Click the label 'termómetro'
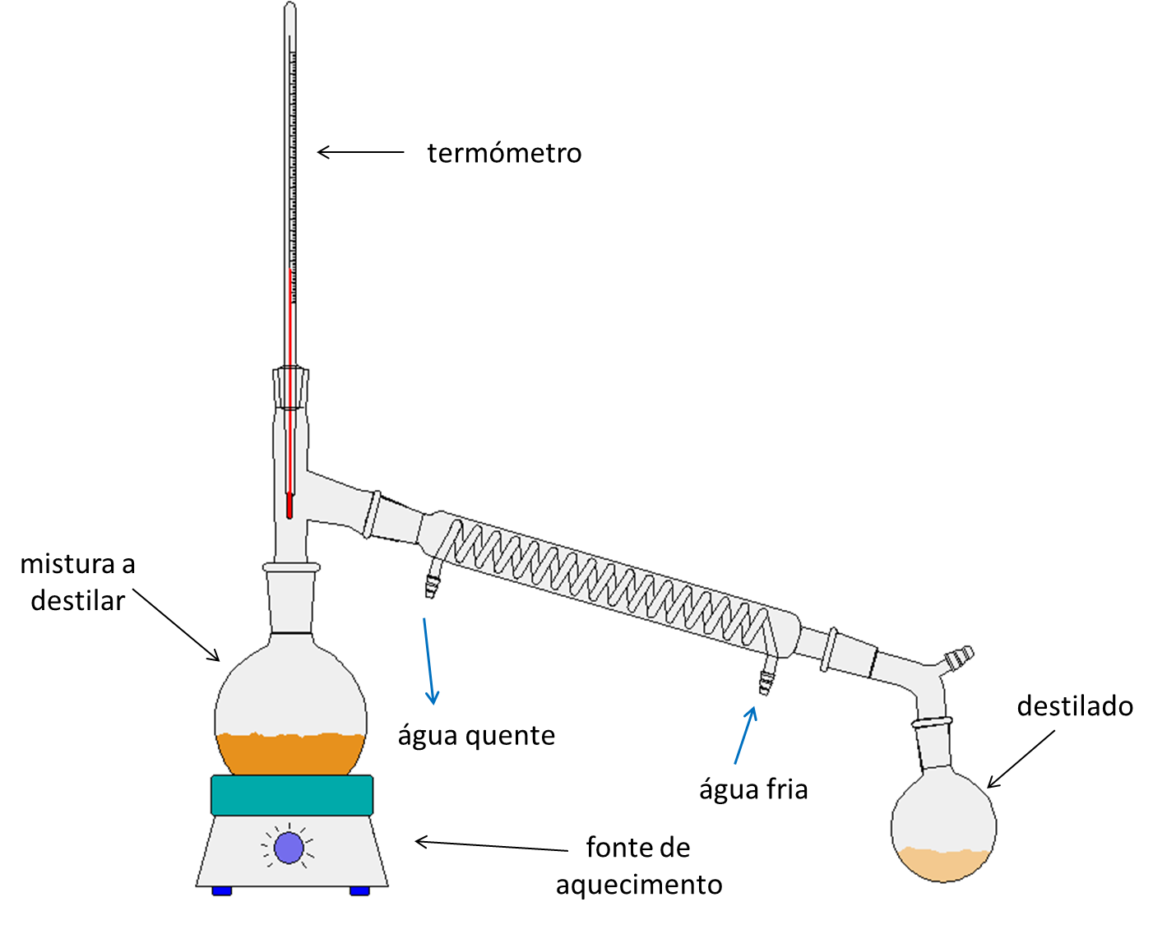click(504, 154)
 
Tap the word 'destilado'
click(1074, 706)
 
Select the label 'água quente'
click(476, 735)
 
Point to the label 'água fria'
click(753, 789)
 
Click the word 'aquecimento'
click(639, 885)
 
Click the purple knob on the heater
click(289, 848)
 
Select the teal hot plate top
click(292, 795)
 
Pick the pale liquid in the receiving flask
click(943, 863)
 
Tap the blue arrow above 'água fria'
click(745, 735)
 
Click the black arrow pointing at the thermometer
click(360, 152)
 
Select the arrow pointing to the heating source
click(491, 845)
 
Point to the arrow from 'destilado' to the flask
click(1021, 759)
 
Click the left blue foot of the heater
click(222, 890)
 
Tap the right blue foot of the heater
click(359, 890)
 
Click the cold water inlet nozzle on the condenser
click(766, 679)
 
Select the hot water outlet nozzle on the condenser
click(432, 582)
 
